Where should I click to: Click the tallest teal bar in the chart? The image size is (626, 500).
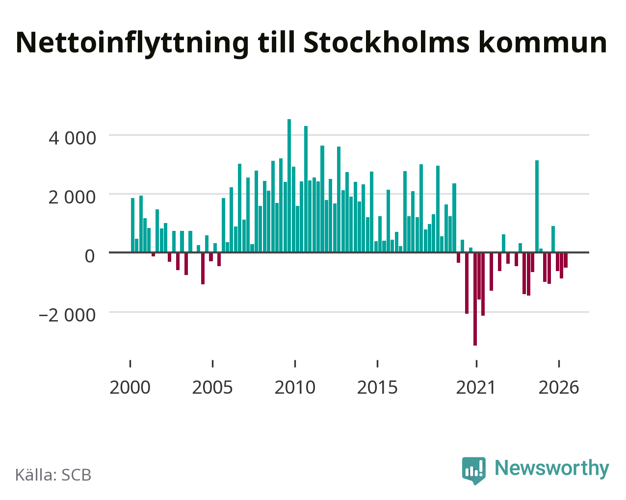point(289,185)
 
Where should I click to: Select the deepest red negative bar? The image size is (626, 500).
point(475,299)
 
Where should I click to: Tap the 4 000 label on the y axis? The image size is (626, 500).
point(72,138)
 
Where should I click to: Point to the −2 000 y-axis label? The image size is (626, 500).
point(67,315)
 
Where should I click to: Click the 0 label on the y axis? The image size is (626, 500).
point(90,256)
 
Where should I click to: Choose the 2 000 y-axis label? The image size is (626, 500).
point(72,198)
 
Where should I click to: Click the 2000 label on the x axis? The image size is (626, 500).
point(130,387)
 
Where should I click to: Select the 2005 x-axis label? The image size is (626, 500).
point(212,387)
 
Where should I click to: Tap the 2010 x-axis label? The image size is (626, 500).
point(295,387)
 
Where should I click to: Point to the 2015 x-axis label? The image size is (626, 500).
point(377,387)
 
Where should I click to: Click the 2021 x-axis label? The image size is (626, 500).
point(476,387)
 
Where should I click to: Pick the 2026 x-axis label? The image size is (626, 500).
point(559,387)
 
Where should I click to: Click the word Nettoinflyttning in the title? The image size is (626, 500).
point(132,44)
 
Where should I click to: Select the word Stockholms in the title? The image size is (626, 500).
point(387,43)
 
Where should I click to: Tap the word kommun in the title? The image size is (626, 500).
point(543,43)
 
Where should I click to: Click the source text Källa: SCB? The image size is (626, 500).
point(53,475)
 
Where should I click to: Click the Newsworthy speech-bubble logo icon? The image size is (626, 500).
point(474,471)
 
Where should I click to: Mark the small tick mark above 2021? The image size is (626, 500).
point(476,364)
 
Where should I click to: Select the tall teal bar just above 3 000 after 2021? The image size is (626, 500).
point(537,206)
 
